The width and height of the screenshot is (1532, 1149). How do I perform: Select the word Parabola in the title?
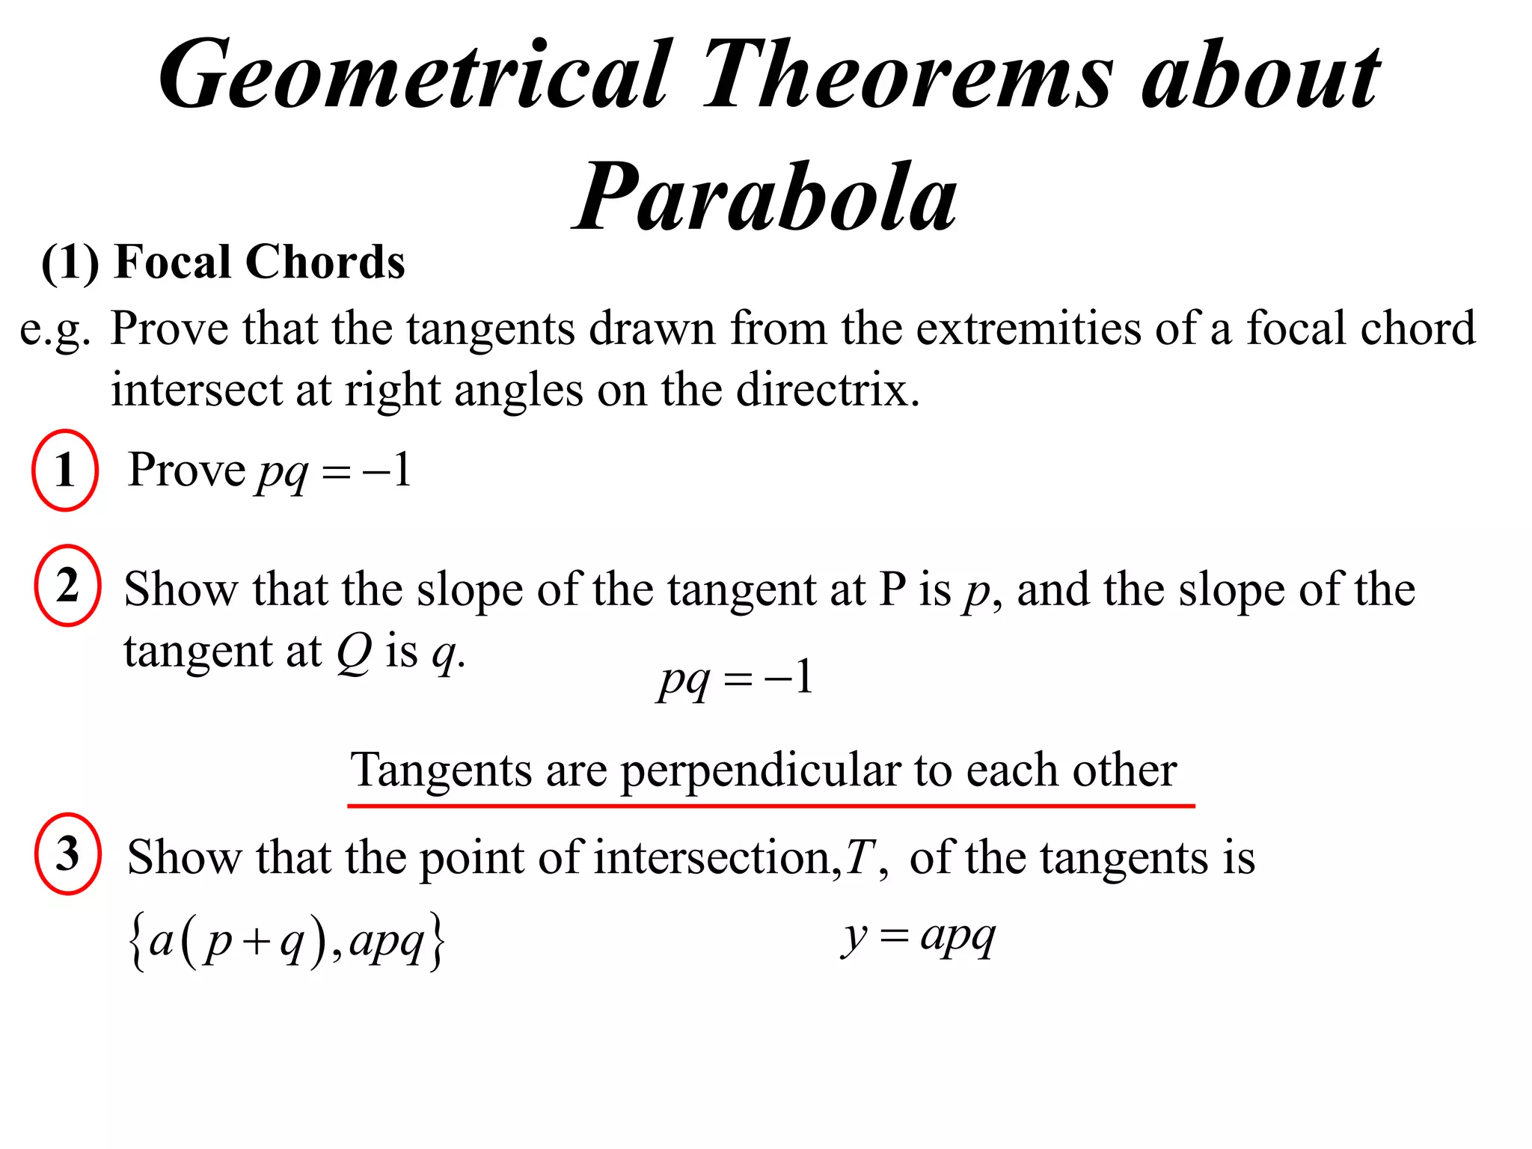766,197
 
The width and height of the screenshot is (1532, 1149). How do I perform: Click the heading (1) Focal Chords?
223,263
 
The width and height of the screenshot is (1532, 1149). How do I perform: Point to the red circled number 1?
65,471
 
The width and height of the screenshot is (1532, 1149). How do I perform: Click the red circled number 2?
67,586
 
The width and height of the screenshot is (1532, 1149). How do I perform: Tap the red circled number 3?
67,854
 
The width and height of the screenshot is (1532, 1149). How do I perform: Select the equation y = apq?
919,937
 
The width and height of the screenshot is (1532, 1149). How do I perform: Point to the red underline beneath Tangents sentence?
770,806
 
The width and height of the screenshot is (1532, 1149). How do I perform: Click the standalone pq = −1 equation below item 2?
735,679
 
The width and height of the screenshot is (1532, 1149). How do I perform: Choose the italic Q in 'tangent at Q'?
354,652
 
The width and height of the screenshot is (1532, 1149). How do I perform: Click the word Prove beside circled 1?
186,471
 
